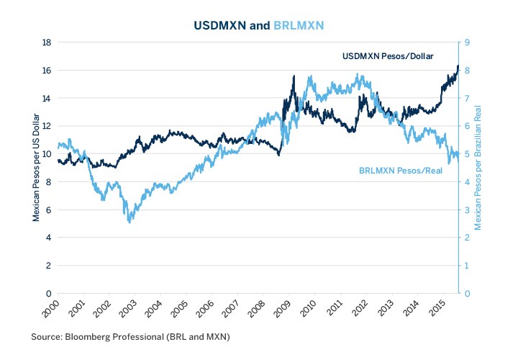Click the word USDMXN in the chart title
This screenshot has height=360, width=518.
[x=220, y=25]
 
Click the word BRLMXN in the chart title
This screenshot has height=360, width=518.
[x=299, y=25]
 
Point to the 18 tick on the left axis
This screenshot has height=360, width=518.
[x=45, y=42]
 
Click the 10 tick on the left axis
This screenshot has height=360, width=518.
[x=45, y=154]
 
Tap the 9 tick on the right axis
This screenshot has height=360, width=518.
[x=468, y=42]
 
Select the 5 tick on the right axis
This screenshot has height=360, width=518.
[x=468, y=154]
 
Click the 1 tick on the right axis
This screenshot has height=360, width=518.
[x=468, y=266]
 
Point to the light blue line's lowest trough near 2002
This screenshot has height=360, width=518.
[x=129, y=222]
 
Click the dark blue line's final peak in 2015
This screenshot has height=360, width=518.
[x=458, y=66]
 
